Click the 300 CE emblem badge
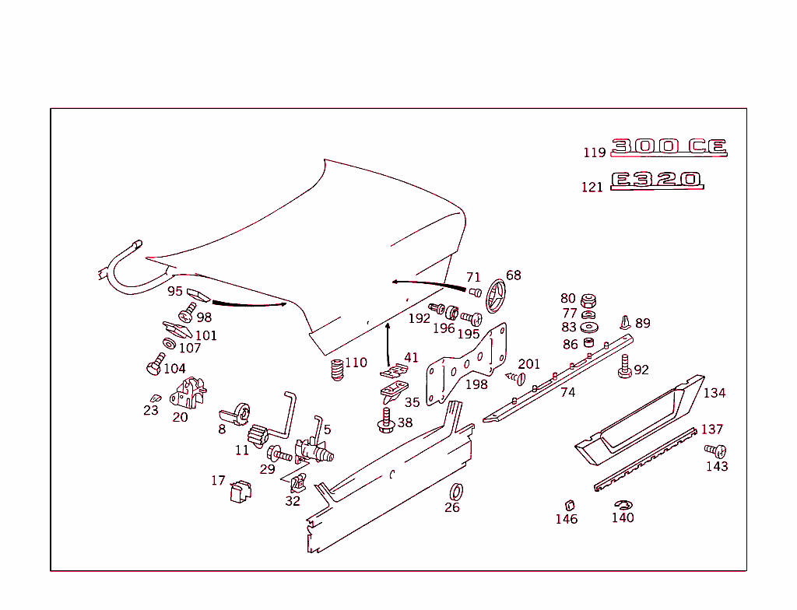tap(669, 147)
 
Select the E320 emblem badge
tap(657, 181)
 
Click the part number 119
tap(595, 152)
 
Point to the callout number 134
tap(714, 393)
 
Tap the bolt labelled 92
tap(624, 367)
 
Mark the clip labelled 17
tap(241, 492)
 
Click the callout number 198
tap(476, 384)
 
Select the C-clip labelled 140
tap(622, 505)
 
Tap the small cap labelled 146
tap(568, 503)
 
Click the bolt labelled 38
tap(385, 422)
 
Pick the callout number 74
tap(568, 393)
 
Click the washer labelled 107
tap(169, 343)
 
